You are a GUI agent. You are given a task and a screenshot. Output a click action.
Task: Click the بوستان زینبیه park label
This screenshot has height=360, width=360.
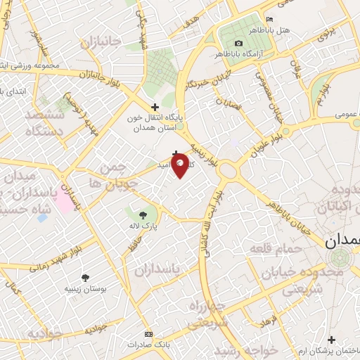(85, 288)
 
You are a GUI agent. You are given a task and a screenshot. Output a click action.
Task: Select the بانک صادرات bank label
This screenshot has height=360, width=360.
(146, 345)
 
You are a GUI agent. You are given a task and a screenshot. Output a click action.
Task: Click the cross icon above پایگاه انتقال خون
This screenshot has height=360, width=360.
(155, 107)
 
